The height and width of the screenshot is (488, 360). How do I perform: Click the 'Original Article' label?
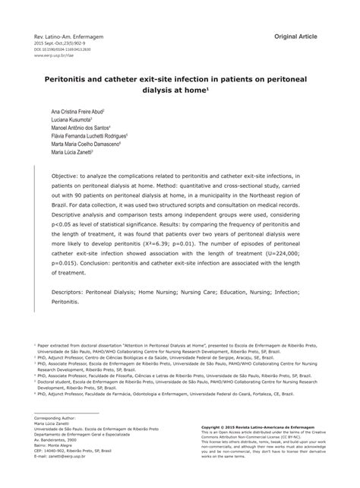click(x=301, y=36)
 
